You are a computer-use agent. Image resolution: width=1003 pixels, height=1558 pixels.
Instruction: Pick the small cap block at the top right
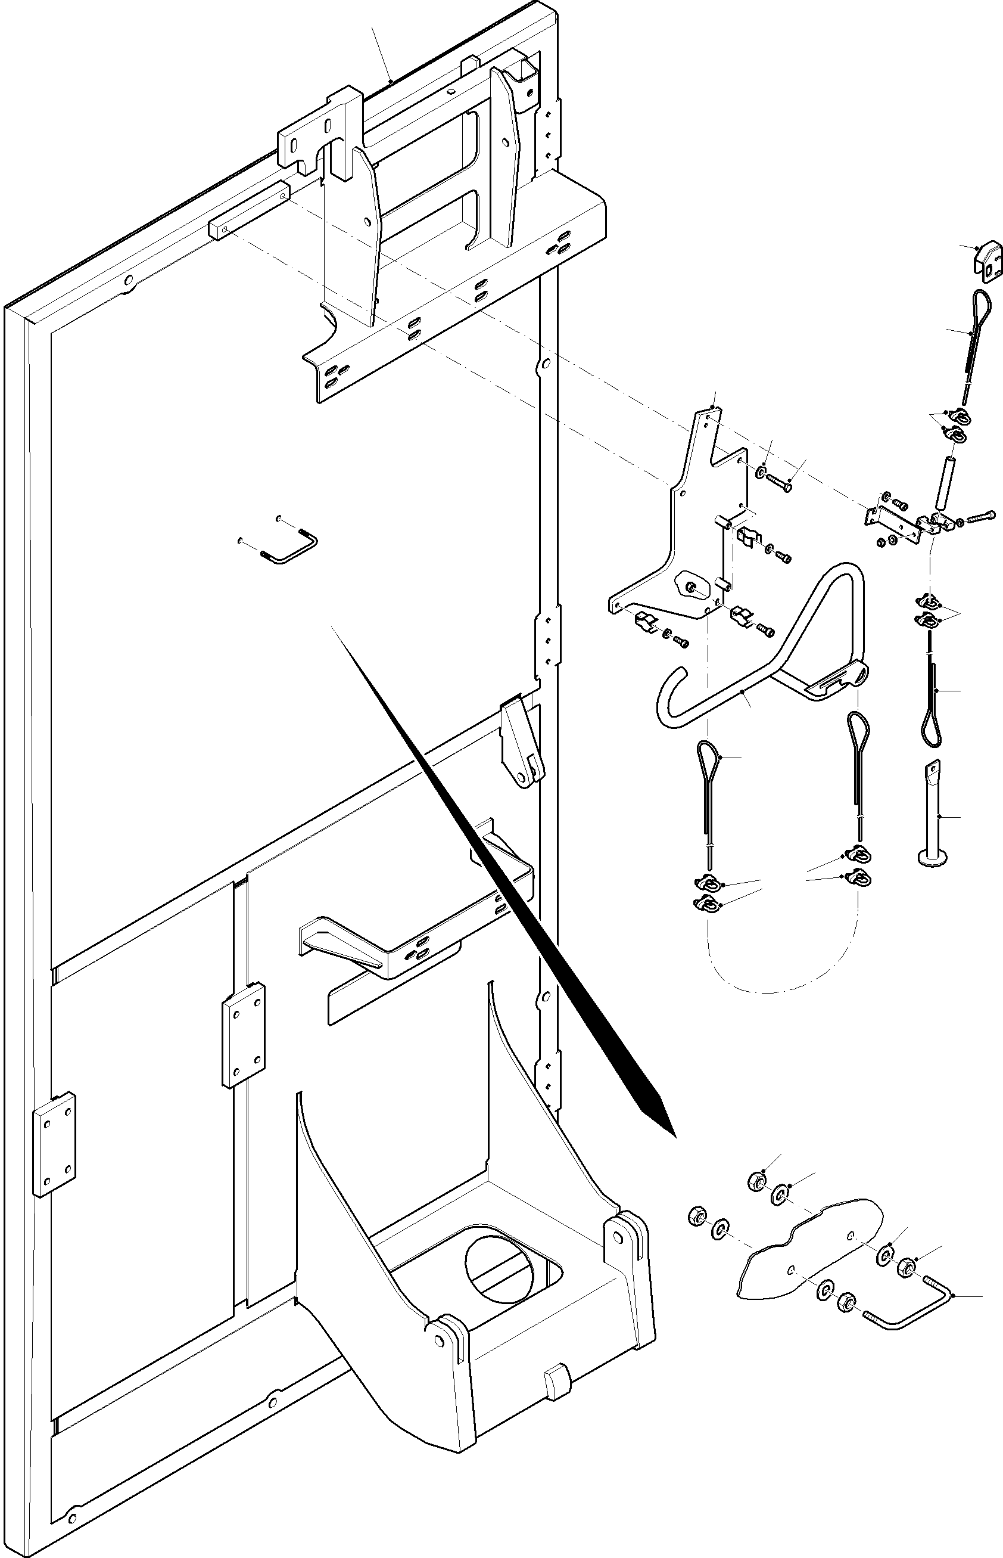coord(988,262)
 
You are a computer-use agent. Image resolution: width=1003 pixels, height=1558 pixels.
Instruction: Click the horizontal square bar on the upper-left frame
coord(250,210)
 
